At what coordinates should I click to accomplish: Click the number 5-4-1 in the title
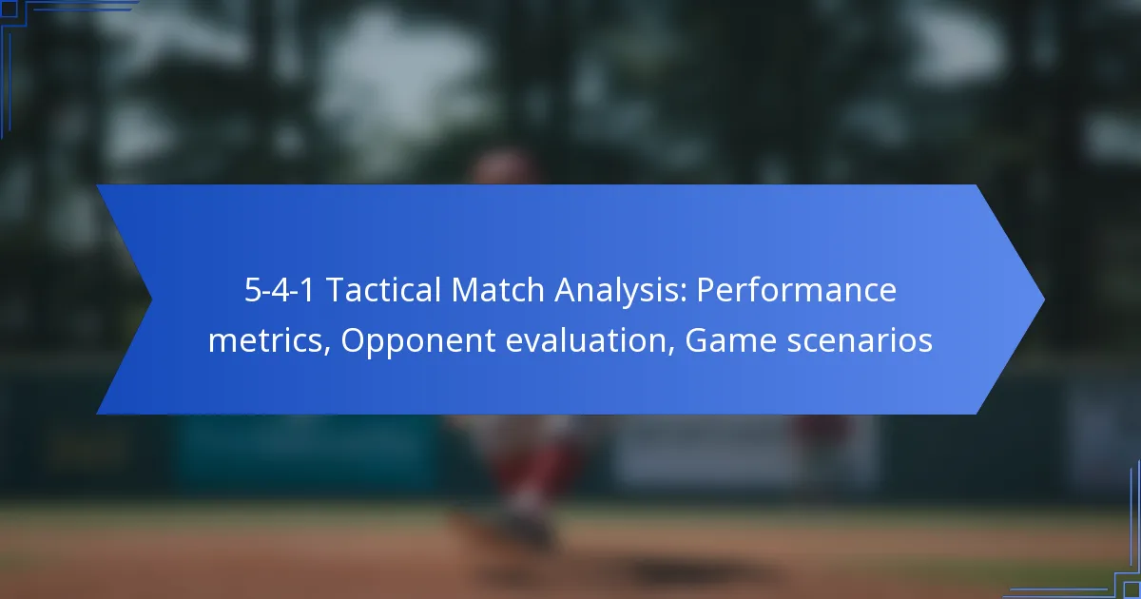[279, 290]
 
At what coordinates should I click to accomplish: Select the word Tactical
[383, 290]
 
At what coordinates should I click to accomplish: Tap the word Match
[497, 290]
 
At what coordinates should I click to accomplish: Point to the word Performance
[796, 290]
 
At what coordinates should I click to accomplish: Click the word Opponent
[417, 342]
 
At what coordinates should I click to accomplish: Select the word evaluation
[586, 340]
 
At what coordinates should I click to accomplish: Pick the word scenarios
[860, 340]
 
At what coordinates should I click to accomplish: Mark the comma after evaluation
[671, 351]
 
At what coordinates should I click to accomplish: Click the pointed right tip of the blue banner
[1044, 299]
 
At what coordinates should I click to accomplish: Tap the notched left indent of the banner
[151, 299]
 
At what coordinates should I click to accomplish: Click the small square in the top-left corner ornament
[9, 9]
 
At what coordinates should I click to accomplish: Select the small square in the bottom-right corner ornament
[1132, 590]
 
